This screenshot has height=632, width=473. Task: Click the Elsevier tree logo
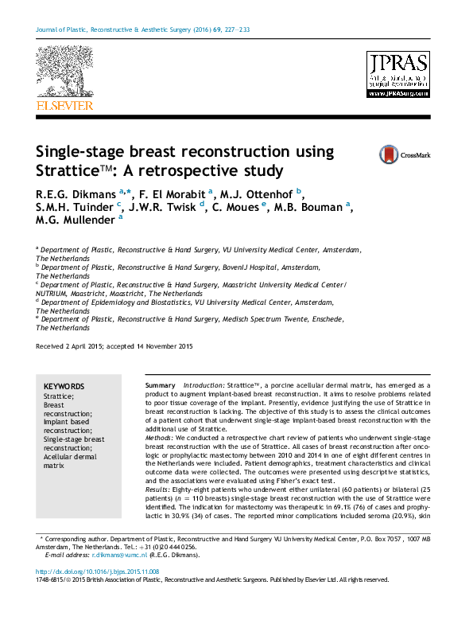click(x=64, y=71)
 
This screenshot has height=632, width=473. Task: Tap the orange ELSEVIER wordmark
click(x=64, y=105)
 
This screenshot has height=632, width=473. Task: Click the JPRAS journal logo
click(x=397, y=75)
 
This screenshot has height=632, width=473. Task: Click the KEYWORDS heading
click(x=64, y=385)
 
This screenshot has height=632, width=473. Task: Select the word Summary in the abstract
click(x=161, y=385)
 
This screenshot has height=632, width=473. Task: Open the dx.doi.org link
click(x=97, y=572)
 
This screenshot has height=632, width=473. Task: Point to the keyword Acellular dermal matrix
click(x=69, y=460)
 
